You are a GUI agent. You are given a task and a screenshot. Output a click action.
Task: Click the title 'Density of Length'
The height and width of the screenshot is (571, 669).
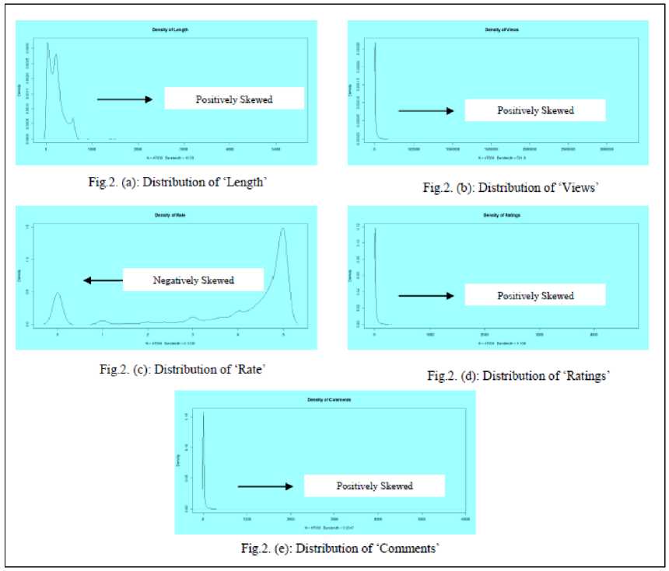coord(170,29)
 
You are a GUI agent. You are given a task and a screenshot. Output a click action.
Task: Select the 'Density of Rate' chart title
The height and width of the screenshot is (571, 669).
coord(169,213)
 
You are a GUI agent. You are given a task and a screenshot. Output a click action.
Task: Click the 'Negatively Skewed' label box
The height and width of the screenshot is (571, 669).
coord(193,280)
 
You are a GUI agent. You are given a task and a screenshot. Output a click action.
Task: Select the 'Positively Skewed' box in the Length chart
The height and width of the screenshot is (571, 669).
coord(234,99)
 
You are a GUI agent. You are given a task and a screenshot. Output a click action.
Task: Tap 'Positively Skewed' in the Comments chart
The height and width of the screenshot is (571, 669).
coord(374,486)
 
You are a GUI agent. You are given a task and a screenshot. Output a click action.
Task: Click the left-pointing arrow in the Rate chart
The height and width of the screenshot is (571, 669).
coord(103,280)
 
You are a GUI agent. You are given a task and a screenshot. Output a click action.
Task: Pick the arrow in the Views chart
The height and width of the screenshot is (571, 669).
coord(426,111)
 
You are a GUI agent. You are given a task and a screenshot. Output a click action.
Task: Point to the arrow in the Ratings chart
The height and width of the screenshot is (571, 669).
coord(426,295)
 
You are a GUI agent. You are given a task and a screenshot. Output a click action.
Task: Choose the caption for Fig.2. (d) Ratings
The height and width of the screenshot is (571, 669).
coord(518,376)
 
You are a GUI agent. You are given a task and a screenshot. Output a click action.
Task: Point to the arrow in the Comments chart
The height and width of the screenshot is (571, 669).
coord(265,486)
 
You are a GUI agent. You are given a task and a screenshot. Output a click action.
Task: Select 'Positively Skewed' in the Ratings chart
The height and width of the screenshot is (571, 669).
coord(535,295)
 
